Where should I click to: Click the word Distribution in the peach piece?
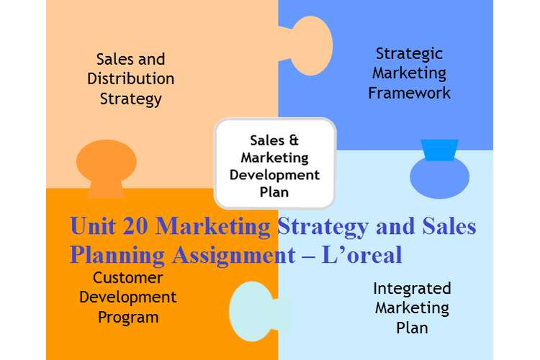point(130,78)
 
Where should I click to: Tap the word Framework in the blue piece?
point(409,93)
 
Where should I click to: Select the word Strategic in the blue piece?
point(409,55)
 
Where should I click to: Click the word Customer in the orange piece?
point(127,278)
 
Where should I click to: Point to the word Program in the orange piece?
point(128,318)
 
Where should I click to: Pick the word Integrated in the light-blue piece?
point(412,289)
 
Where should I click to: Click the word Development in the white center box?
point(274,175)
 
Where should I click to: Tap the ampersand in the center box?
point(294,140)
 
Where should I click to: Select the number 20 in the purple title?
point(135,226)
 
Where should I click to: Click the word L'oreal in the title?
point(361,255)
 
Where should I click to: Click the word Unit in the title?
point(92,225)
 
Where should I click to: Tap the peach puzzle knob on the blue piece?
point(309,45)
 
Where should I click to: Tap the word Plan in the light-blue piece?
point(412,328)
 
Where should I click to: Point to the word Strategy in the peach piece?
point(130,99)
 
